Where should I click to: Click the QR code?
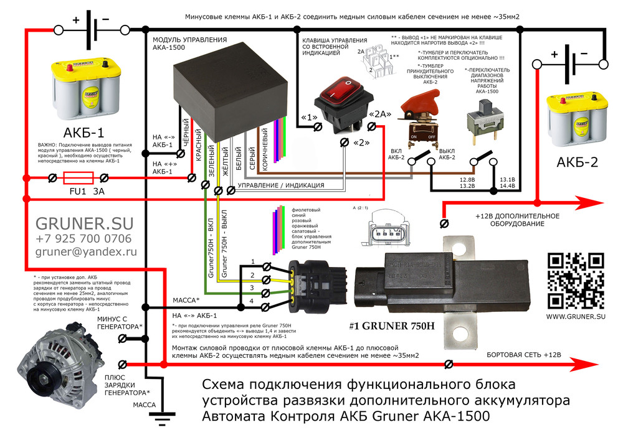click(x=575, y=279)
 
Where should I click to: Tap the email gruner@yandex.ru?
click(x=85, y=253)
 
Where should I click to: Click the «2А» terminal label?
click(x=380, y=114)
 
